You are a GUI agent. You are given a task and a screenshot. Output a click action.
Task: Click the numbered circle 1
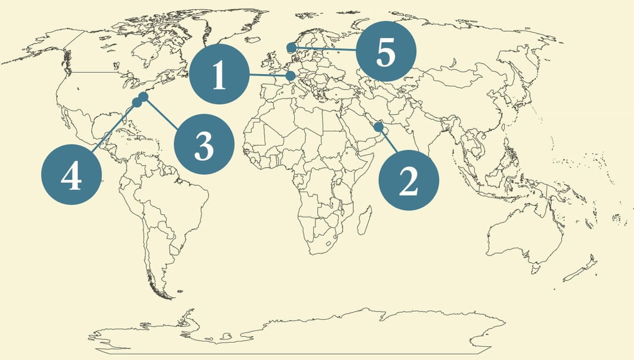click(x=219, y=75)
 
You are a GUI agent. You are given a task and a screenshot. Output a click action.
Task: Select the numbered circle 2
click(x=409, y=180)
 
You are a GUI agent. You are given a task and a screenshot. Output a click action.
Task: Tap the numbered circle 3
click(x=204, y=144)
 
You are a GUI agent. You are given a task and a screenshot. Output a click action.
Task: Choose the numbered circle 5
click(x=386, y=51)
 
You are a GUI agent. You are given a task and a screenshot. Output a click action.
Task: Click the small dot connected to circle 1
click(x=291, y=76)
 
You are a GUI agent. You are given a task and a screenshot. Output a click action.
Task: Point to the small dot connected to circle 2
click(x=379, y=127)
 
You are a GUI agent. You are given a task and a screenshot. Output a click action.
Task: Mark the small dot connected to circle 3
click(x=143, y=97)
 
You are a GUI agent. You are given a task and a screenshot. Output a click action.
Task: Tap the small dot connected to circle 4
click(x=137, y=102)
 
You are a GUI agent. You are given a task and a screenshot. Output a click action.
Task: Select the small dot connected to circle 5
click(x=291, y=47)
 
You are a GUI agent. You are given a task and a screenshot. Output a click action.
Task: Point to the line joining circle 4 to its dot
click(x=113, y=129)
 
